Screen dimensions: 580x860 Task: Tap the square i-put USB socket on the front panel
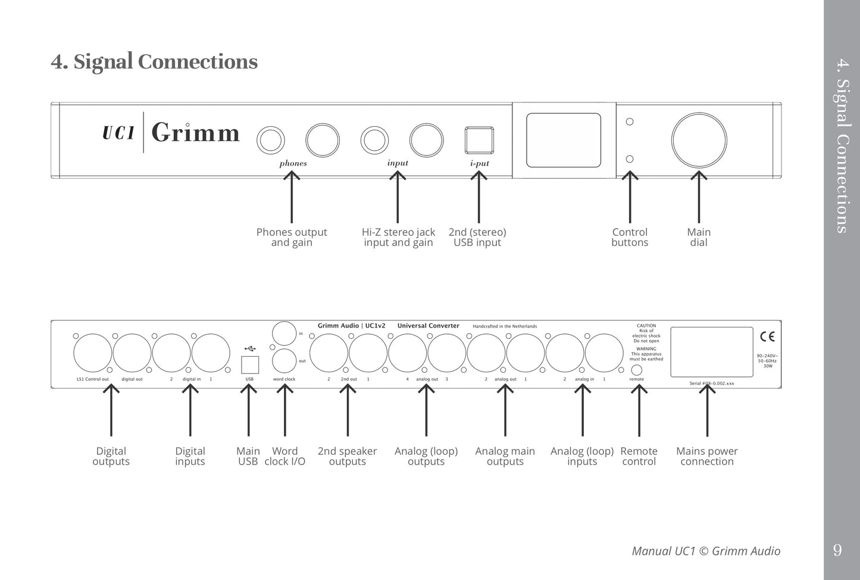[x=479, y=141]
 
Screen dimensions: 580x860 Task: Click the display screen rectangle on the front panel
[x=564, y=141]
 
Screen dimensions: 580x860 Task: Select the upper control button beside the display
[x=630, y=121]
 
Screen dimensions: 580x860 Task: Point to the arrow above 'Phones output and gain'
[x=292, y=197]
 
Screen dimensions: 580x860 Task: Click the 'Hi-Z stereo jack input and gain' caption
[x=398, y=237]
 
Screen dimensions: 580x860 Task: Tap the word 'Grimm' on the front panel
[x=195, y=133]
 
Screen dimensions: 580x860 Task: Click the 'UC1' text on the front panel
[x=119, y=133]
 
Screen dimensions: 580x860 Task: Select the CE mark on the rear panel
[x=767, y=336]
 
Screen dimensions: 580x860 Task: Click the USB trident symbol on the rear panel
[x=249, y=347]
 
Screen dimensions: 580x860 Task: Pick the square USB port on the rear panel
[x=249, y=364]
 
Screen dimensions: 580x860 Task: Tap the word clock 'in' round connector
[x=284, y=332]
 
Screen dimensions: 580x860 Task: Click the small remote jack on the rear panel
[x=636, y=370]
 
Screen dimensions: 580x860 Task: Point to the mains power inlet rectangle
[x=707, y=351]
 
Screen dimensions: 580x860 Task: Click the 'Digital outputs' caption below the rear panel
[x=111, y=456]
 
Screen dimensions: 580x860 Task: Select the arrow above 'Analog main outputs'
[x=505, y=411]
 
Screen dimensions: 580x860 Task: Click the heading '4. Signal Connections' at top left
[x=154, y=62]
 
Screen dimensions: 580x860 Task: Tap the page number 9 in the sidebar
[x=838, y=550]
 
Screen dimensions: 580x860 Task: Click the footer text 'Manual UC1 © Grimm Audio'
[x=706, y=551]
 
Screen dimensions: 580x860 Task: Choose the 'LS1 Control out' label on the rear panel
[x=92, y=379]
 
